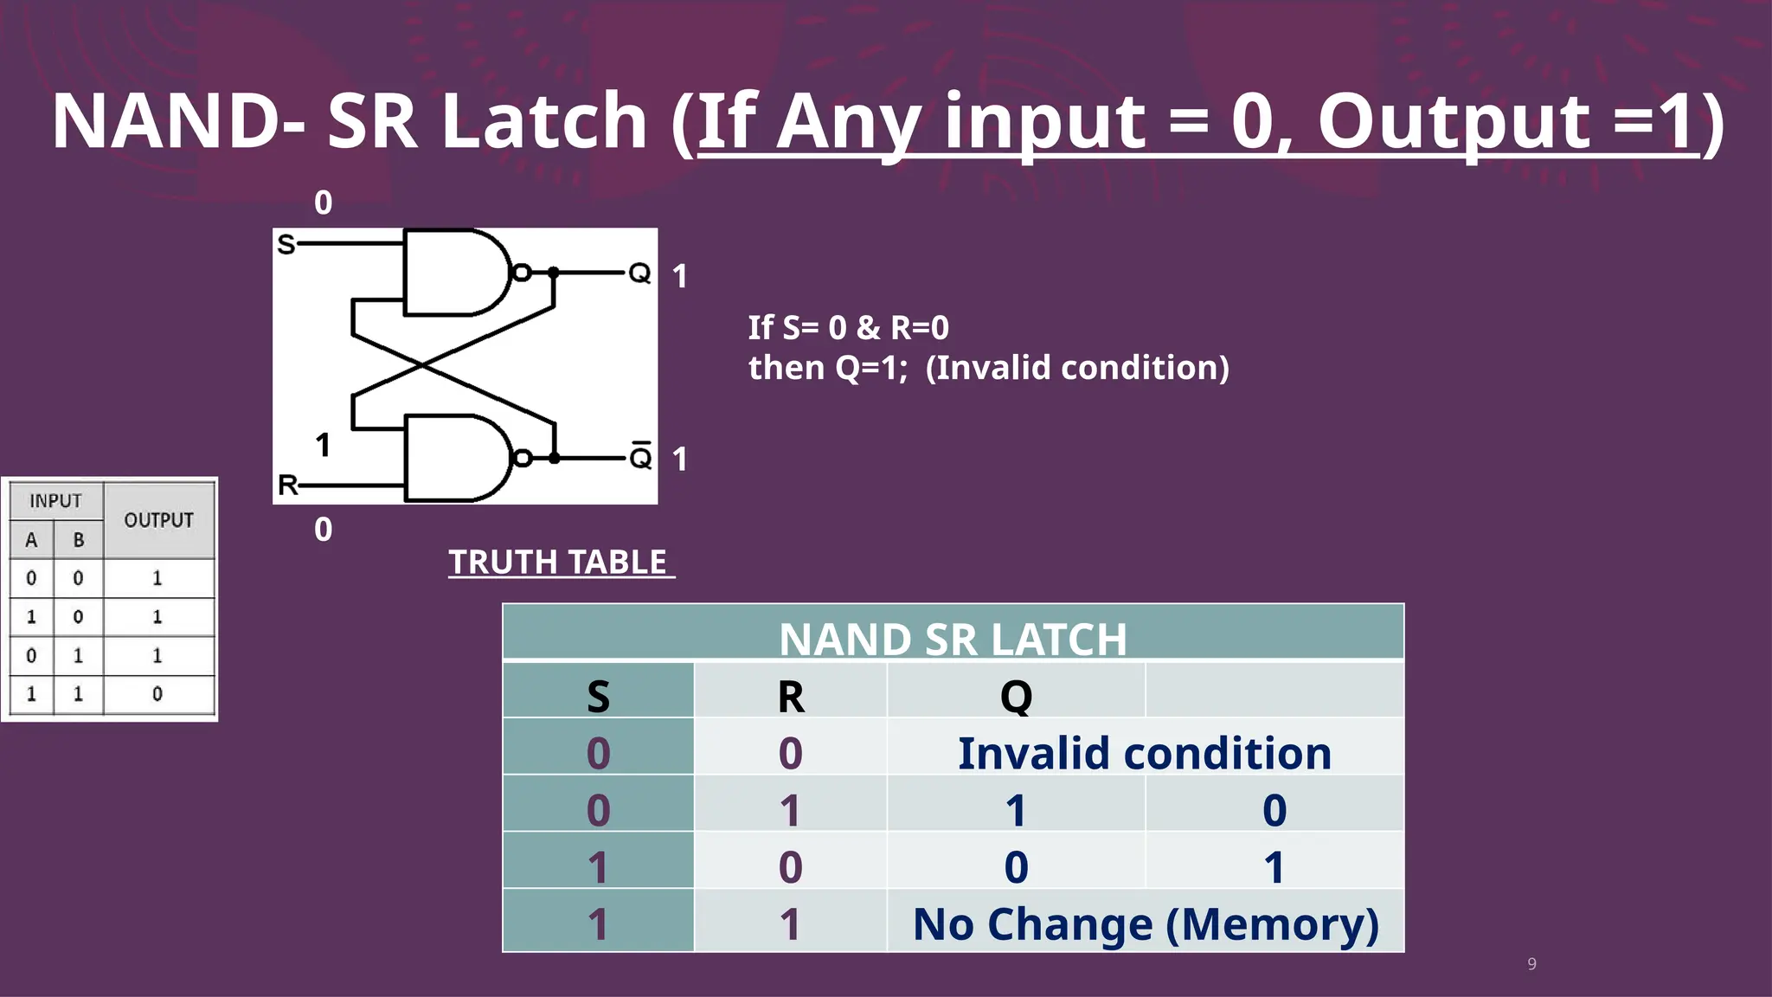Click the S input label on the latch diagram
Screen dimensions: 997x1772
click(x=286, y=245)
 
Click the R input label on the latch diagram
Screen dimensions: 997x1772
click(x=287, y=485)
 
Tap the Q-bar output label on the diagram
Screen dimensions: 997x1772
click(x=640, y=456)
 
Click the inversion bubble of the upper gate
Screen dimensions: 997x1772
click(x=522, y=273)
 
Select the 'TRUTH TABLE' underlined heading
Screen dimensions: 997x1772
click(x=558, y=563)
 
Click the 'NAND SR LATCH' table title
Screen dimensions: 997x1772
click(x=953, y=639)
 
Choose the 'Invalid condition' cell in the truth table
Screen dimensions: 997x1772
click(x=1144, y=753)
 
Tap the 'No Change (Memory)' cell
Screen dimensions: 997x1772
click(x=1146, y=924)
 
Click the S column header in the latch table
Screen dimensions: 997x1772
click(x=598, y=696)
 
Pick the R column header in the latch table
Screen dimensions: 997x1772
click(x=790, y=696)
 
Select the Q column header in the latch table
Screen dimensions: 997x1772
click(x=1016, y=696)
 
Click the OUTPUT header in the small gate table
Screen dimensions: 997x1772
click(x=158, y=520)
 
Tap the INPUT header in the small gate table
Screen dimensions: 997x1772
click(x=55, y=501)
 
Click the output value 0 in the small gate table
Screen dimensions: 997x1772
click(x=157, y=694)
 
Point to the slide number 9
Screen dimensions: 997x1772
click(x=1531, y=964)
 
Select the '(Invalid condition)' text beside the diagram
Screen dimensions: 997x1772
click(x=1077, y=368)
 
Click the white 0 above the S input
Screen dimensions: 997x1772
click(x=323, y=203)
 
